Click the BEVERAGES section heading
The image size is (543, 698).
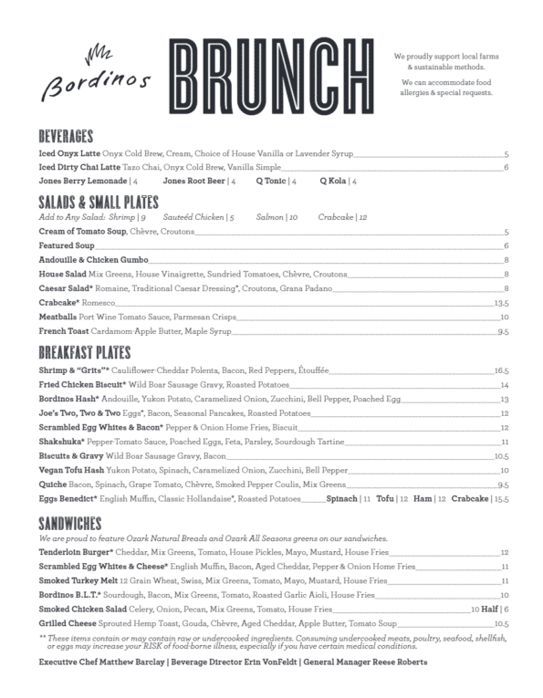click(x=67, y=135)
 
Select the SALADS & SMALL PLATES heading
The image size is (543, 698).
click(x=99, y=201)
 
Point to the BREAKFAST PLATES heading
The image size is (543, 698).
click(x=85, y=352)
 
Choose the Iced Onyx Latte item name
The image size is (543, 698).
click(x=69, y=154)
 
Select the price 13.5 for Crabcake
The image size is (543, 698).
click(x=500, y=302)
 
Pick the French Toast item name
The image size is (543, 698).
click(x=63, y=331)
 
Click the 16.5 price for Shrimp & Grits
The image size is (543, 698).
click(x=500, y=371)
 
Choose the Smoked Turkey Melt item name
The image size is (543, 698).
click(x=77, y=580)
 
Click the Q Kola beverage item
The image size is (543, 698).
click(x=333, y=182)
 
